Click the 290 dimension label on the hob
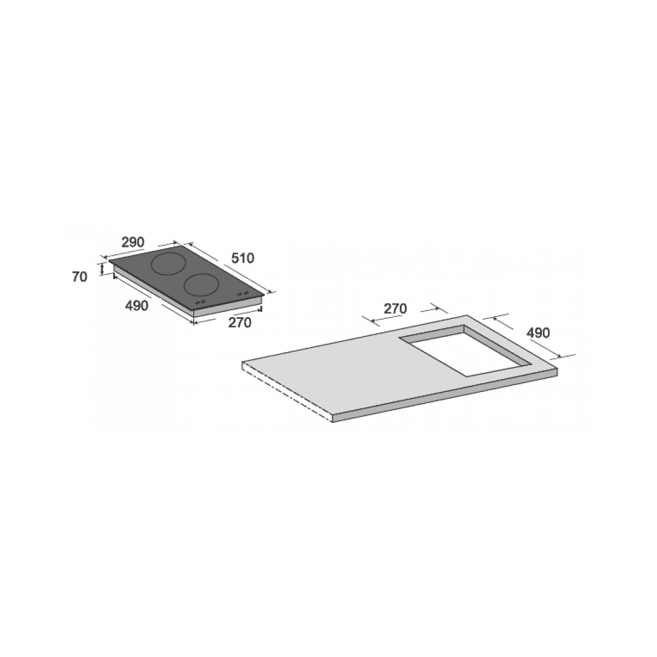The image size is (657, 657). (x=133, y=242)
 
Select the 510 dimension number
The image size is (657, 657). (x=243, y=258)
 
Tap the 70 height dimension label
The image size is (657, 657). (x=80, y=277)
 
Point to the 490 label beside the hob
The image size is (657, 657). (x=137, y=305)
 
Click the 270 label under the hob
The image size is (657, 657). (x=240, y=323)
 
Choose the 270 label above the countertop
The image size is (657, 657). (x=395, y=309)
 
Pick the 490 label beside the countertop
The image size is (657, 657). (x=538, y=333)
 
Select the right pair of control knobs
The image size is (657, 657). (x=243, y=294)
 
